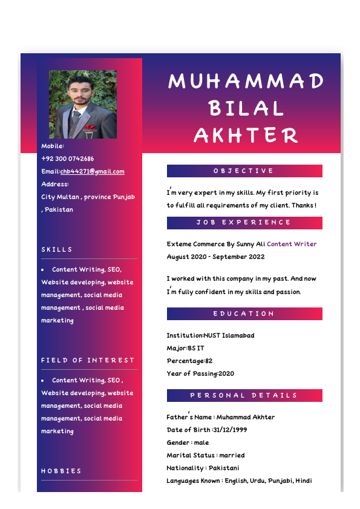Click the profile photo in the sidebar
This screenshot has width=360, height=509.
click(x=83, y=104)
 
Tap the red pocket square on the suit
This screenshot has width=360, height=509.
click(x=90, y=128)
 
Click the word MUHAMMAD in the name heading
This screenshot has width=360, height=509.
click(x=246, y=81)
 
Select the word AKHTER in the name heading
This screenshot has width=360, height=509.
click(x=246, y=136)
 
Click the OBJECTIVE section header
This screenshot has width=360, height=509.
click(x=244, y=171)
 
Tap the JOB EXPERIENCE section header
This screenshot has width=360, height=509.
click(x=244, y=223)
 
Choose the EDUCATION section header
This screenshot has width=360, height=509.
click(x=244, y=314)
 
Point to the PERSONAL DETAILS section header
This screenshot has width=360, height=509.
click(x=244, y=396)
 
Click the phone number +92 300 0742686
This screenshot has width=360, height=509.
click(x=68, y=159)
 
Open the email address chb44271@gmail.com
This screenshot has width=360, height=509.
click(x=93, y=172)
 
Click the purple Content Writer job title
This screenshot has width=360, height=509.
click(x=292, y=245)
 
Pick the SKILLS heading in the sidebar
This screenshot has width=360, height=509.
click(x=57, y=250)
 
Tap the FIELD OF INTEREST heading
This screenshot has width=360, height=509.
click(x=88, y=361)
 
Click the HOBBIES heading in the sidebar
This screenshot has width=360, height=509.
click(x=61, y=471)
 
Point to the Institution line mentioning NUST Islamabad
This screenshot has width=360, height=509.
click(x=211, y=336)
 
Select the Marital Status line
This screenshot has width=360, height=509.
click(x=205, y=456)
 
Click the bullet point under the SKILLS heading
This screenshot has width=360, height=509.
click(x=43, y=270)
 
